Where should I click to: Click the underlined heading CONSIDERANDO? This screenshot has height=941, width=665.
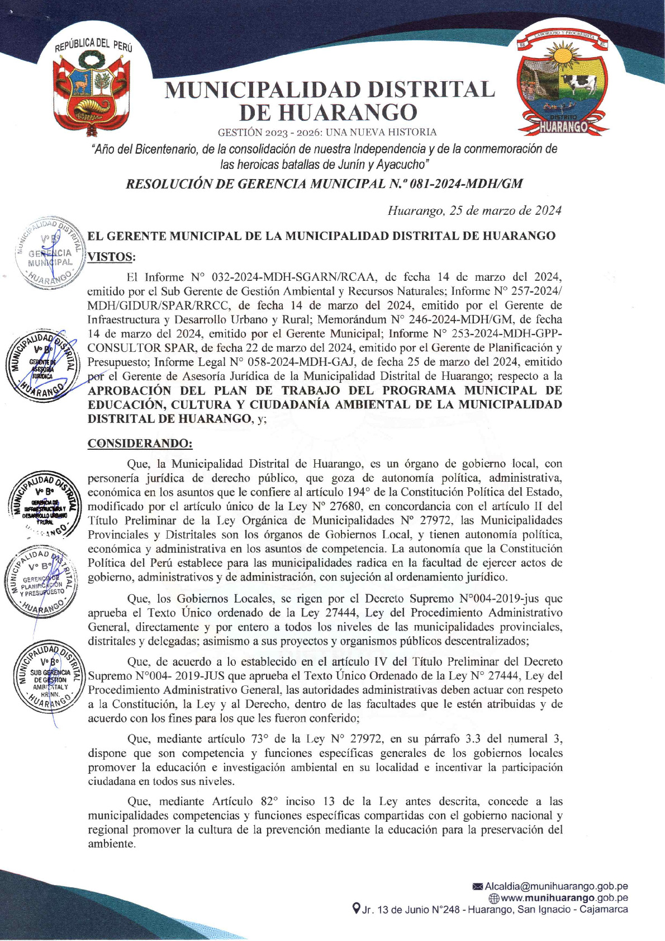click(x=140, y=443)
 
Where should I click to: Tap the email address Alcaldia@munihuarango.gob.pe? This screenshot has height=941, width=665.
click(x=556, y=886)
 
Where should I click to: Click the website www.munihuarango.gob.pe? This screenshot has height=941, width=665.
click(x=564, y=898)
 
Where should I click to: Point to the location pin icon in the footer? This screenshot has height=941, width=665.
click(x=356, y=909)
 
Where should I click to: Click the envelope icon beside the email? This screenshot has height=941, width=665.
click(x=478, y=886)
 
